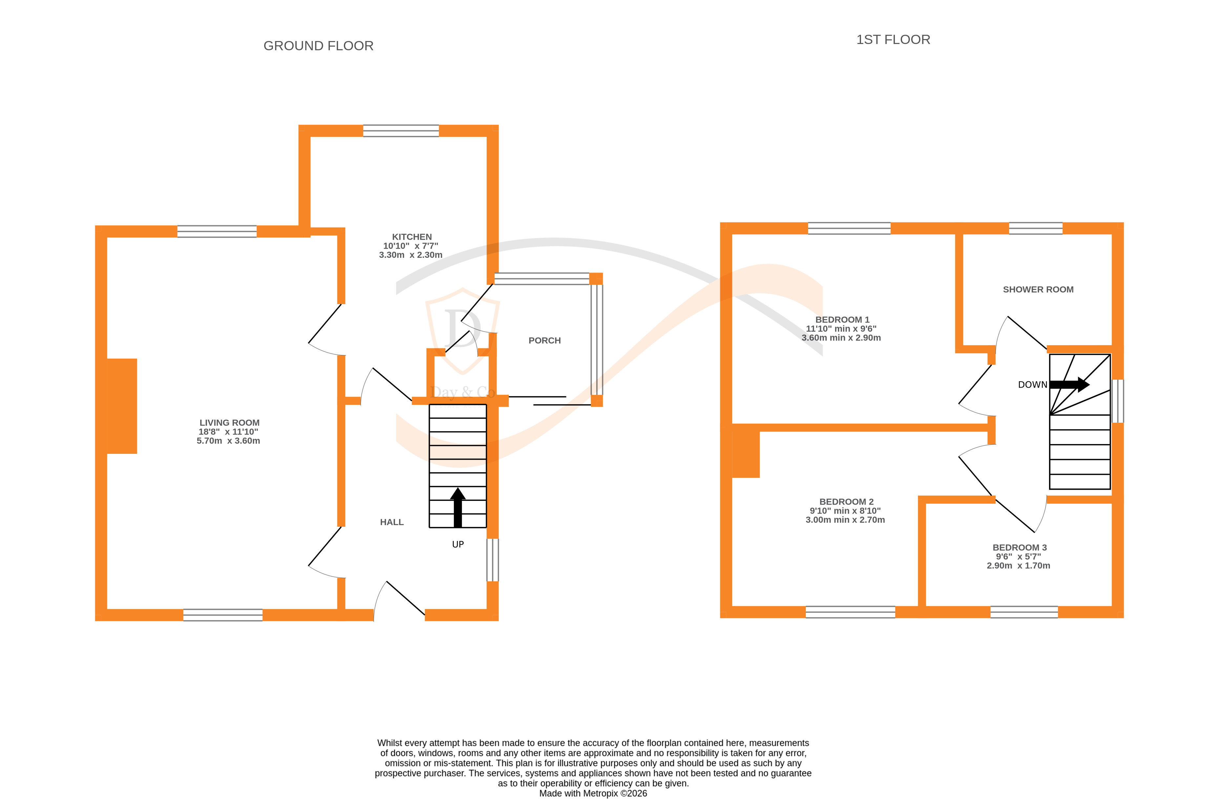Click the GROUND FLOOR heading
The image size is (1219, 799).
pyautogui.click(x=318, y=46)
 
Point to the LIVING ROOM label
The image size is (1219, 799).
pyautogui.click(x=229, y=423)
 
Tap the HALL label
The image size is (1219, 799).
pyautogui.click(x=391, y=522)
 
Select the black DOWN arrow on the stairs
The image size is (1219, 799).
pyautogui.click(x=1069, y=384)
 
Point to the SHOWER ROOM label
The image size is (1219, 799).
pyautogui.click(x=1038, y=290)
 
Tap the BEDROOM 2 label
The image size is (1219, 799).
pyautogui.click(x=846, y=502)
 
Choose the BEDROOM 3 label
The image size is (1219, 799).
pyautogui.click(x=1019, y=547)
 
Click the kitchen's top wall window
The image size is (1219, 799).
pyautogui.click(x=401, y=131)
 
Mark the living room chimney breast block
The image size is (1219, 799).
pyautogui.click(x=122, y=406)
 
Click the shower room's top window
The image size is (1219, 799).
pyautogui.click(x=1035, y=228)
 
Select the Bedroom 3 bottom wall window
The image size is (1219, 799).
pyautogui.click(x=1023, y=612)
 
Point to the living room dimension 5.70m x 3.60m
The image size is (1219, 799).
pyautogui.click(x=228, y=441)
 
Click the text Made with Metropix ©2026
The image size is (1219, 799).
pyautogui.click(x=593, y=793)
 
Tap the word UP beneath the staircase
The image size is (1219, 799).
pyautogui.click(x=457, y=544)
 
